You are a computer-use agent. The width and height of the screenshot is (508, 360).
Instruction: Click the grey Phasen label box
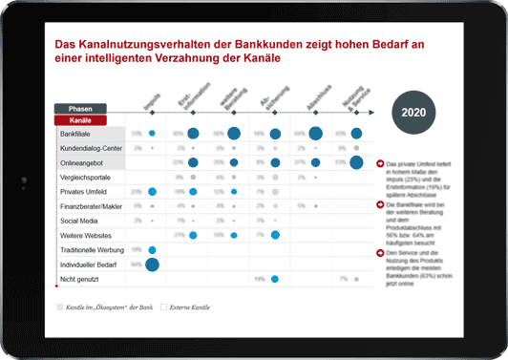coord(79,109)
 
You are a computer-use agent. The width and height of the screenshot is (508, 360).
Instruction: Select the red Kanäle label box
coord(79,121)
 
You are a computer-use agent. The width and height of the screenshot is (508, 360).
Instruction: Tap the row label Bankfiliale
coord(76,134)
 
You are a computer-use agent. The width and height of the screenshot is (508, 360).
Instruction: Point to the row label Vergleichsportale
coord(85,178)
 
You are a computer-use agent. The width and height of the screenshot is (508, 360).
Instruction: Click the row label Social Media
coord(78,221)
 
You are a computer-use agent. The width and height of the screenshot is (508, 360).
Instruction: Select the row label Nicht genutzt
coord(79,279)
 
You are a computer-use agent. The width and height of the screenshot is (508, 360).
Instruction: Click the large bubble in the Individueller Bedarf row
coord(152,264)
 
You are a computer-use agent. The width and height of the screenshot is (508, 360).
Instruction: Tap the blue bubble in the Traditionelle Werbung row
coord(152,249)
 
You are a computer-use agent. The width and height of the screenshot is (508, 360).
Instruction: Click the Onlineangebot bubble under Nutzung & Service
coord(356,163)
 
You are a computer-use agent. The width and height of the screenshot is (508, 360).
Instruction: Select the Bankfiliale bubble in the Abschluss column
coord(316,134)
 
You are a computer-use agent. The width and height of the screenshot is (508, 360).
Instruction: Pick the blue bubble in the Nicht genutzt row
coord(274,279)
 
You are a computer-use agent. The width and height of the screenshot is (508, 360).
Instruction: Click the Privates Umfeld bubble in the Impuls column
coord(152,192)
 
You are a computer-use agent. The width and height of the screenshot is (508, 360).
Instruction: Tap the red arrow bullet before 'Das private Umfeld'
coord(381,164)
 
